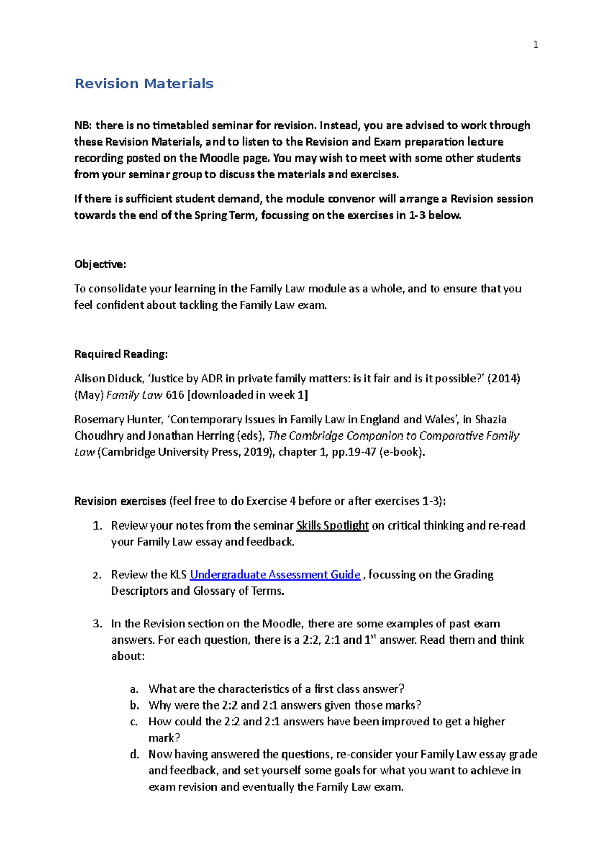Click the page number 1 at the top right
coord(535,44)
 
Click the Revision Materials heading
coord(144,84)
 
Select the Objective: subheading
coord(100,264)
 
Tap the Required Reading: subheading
coord(121,354)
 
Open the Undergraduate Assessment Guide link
coord(275,575)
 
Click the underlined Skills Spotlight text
coord(333,526)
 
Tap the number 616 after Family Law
coord(175,395)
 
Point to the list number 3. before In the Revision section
coord(98,624)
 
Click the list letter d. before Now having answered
coord(134,755)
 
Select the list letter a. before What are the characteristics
coord(134,689)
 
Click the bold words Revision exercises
coord(120,501)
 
